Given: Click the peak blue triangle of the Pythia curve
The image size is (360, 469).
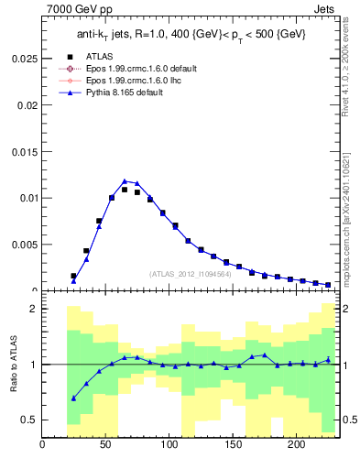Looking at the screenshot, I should (x=125, y=181).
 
